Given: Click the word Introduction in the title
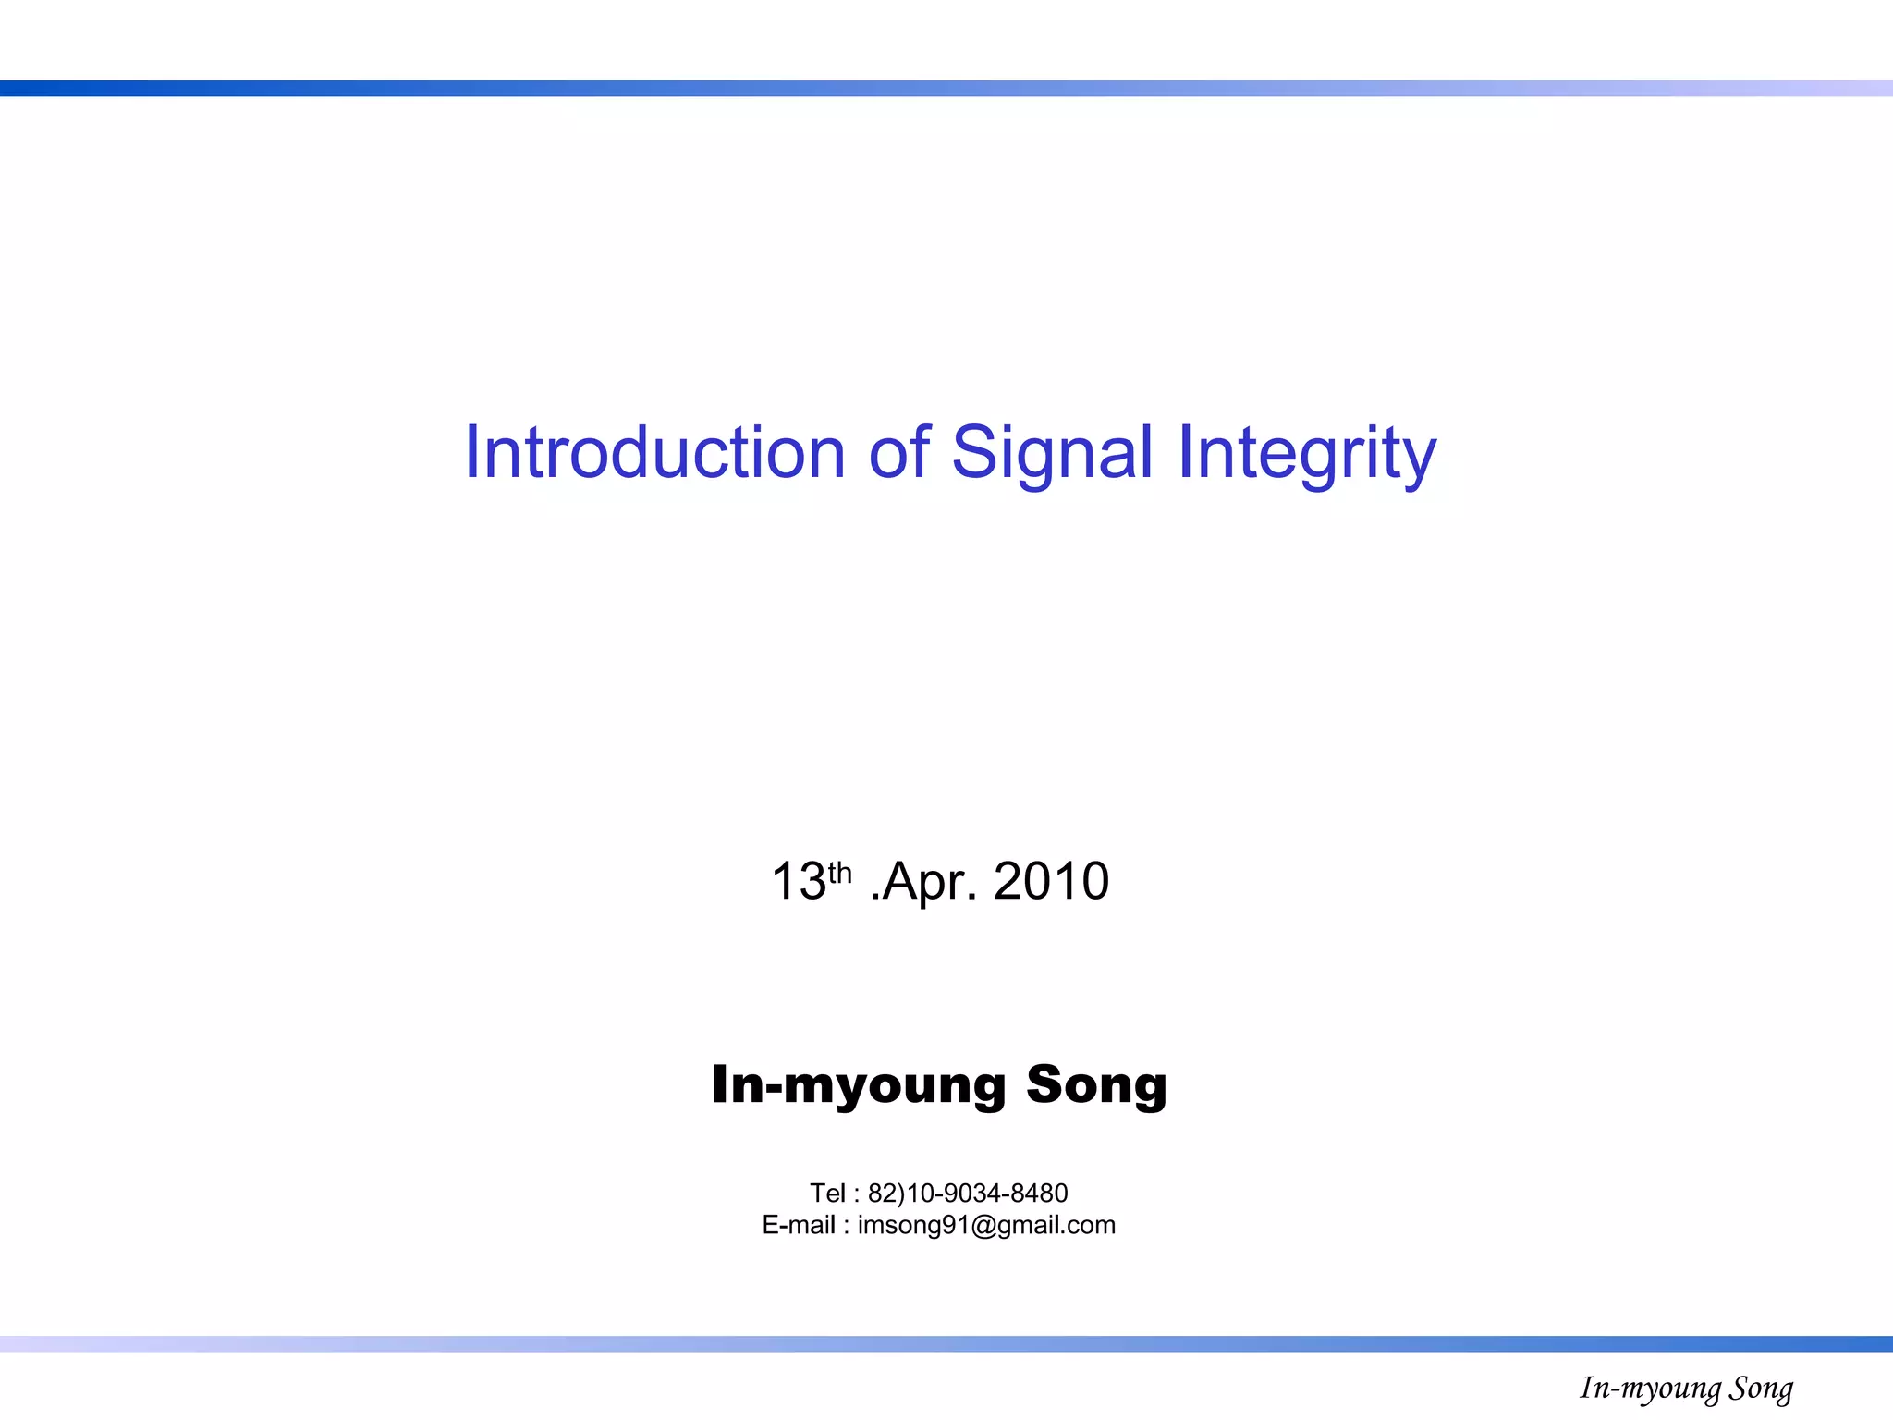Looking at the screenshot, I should [654, 453].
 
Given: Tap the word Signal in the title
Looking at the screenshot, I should [1052, 453].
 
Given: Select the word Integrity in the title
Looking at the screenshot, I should [1306, 453].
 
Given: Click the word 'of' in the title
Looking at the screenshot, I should [898, 453].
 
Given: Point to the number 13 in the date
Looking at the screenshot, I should [798, 882].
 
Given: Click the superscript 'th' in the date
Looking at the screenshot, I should [839, 872].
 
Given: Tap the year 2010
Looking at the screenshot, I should [1051, 882].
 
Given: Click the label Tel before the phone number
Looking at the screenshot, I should [827, 1194].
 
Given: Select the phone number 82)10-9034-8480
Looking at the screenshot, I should [968, 1194].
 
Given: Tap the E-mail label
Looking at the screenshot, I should [799, 1225].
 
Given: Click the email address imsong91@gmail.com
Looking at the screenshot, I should [986, 1225].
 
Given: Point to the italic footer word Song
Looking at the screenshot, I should [1761, 1389].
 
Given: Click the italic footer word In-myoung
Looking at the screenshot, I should [1650, 1389].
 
